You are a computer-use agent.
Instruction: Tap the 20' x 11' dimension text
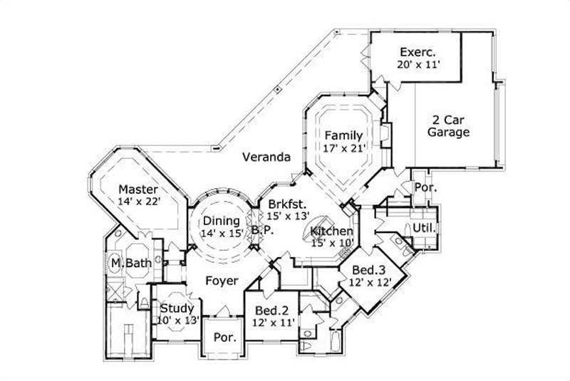419,65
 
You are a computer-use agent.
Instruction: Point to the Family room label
343,135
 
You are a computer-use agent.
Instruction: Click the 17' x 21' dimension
344,148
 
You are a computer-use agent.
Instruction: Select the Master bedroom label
138,189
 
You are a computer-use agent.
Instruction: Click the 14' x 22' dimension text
140,202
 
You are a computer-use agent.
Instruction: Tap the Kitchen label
331,231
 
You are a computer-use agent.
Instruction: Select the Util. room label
425,228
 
